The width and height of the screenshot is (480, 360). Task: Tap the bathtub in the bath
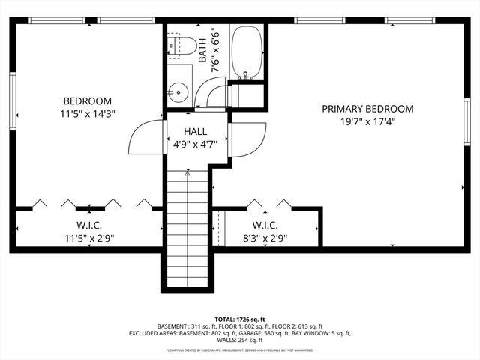(246, 52)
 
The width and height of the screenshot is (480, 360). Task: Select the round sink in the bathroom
(178, 93)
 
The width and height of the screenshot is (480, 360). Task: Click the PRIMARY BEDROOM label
(367, 109)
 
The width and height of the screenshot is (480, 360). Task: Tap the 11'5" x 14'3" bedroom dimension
(88, 114)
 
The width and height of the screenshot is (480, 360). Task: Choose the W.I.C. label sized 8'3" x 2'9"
(265, 225)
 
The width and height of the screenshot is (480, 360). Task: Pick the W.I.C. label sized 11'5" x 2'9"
(88, 225)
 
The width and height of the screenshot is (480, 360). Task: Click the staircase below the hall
(187, 225)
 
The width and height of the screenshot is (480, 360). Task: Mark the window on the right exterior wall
(466, 120)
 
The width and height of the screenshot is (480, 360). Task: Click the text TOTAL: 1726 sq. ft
(240, 319)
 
